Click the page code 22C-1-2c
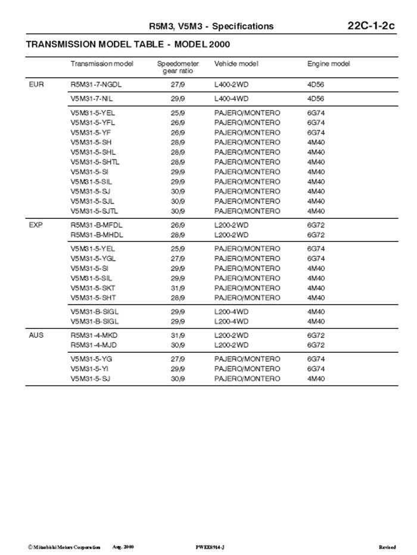tap(371, 26)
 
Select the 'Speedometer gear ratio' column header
tap(178, 67)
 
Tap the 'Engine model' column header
tap(328, 64)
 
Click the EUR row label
tap(36, 84)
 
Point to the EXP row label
tap(36, 225)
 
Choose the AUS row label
tap(36, 335)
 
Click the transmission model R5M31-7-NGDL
tap(96, 84)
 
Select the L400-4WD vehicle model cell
tap(231, 99)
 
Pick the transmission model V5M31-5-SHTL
tap(95, 162)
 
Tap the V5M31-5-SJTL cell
tap(94, 211)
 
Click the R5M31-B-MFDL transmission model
tap(97, 225)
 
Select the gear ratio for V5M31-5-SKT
tap(178, 289)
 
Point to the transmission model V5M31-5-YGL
tap(93, 259)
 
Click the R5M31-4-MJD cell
tap(94, 345)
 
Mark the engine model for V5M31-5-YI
tap(316, 369)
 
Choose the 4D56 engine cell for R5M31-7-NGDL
tap(316, 84)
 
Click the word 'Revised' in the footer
tap(387, 547)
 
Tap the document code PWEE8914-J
tap(210, 547)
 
